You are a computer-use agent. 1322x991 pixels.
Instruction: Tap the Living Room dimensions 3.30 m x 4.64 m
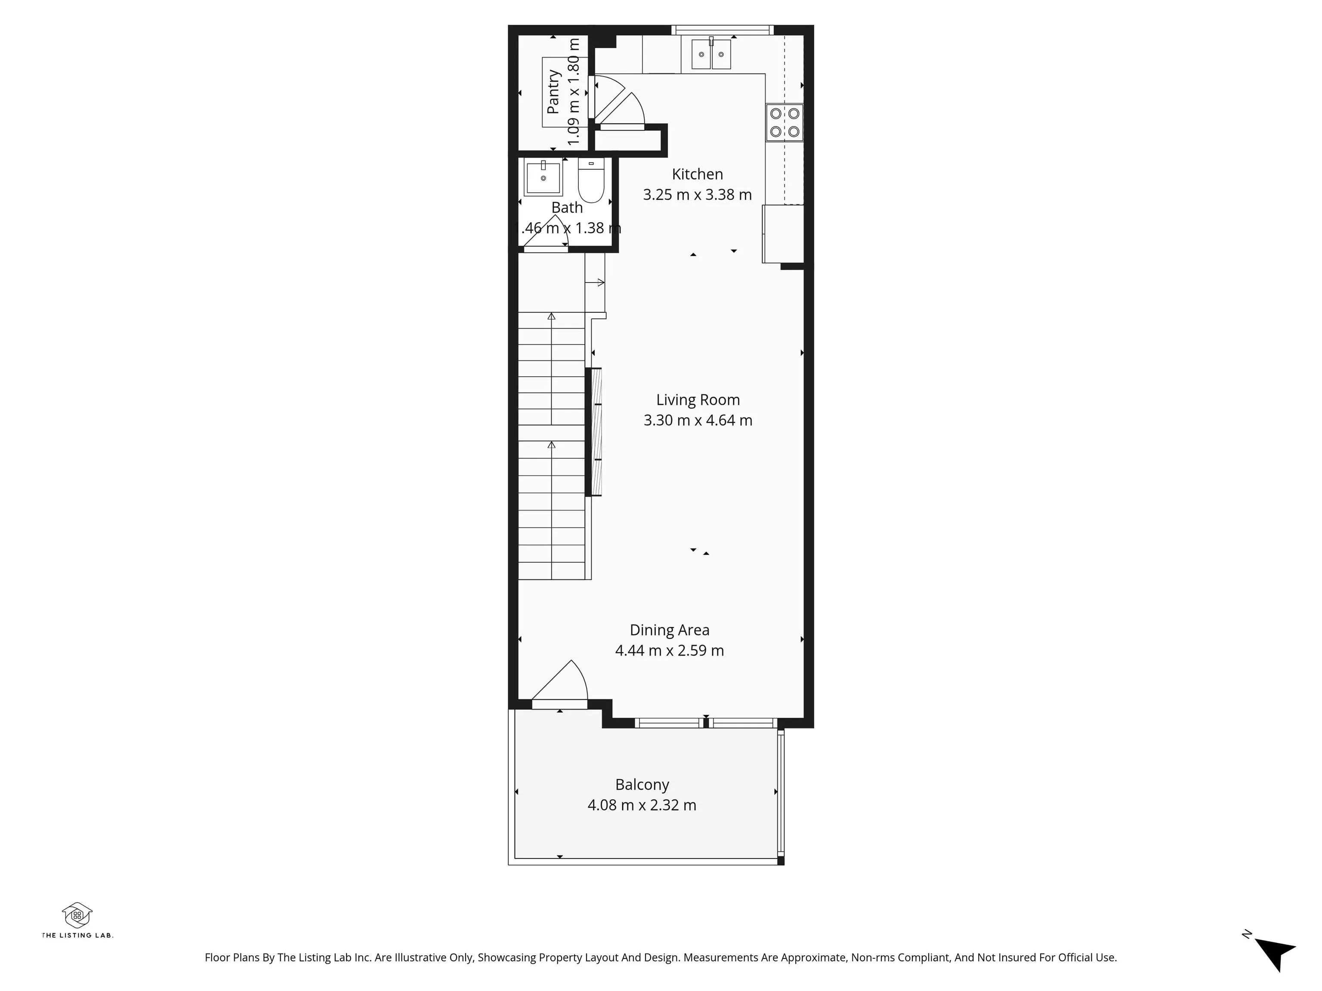coord(698,420)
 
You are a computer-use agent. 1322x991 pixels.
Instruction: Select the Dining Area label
coord(669,630)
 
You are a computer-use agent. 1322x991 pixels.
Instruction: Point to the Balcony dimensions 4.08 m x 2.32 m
coord(642,805)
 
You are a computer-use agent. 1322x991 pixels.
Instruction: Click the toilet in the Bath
coord(591,180)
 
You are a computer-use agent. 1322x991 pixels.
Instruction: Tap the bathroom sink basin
coord(543,176)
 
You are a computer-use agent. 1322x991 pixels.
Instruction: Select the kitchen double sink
coord(711,54)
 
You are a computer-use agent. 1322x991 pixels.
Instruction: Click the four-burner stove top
coord(785,123)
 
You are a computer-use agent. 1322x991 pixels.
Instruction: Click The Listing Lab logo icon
coord(77,914)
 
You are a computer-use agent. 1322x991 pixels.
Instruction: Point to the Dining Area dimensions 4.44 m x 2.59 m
coord(669,650)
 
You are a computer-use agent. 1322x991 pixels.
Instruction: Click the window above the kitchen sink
coord(722,30)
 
